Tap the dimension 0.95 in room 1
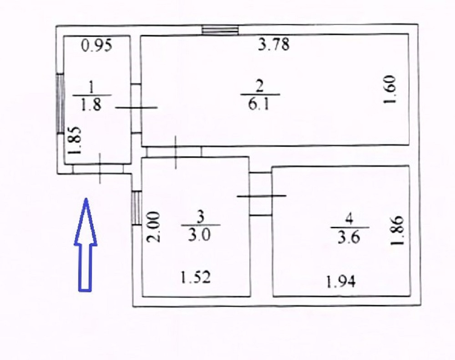[x=96, y=45]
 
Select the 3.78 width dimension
[x=274, y=45]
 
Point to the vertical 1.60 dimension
[x=391, y=90]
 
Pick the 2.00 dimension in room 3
[x=154, y=227]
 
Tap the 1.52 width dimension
[x=197, y=277]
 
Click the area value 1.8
[x=91, y=105]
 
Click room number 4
[x=349, y=219]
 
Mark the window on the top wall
[x=220, y=30]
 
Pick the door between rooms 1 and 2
[x=136, y=108]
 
